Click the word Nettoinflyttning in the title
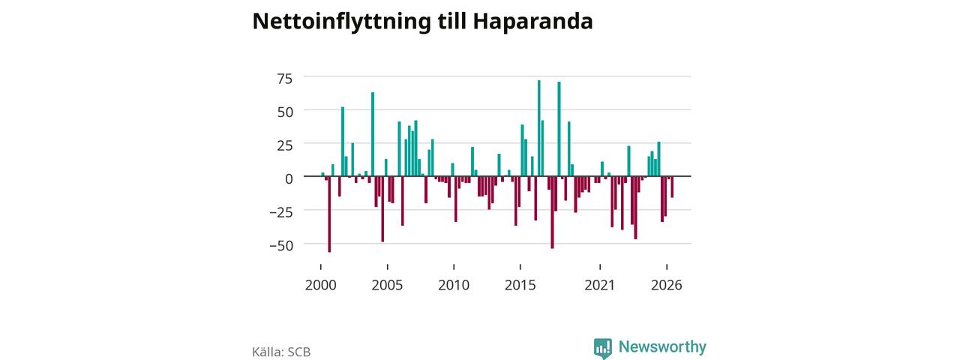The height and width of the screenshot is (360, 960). coord(341,22)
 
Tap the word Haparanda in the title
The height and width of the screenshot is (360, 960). coord(532,22)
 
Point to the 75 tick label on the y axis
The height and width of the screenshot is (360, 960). coord(284,79)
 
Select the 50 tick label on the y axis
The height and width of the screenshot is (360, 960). coord(284,112)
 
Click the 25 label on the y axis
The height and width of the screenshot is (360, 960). coord(284,145)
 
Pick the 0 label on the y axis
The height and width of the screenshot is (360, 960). coord(289,178)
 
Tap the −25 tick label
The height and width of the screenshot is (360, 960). coord(281,212)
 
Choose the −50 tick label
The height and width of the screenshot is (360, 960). coord(281,245)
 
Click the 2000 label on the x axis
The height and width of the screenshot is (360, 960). coord(320,285)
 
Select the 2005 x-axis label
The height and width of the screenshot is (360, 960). coord(387,285)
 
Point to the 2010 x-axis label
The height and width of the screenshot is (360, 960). coord(454,285)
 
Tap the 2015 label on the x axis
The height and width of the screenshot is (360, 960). coord(520,285)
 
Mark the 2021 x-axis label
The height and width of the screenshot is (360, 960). coord(599,285)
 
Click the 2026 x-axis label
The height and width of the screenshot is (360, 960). coord(667,285)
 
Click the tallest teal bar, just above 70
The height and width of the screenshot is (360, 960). coord(538,128)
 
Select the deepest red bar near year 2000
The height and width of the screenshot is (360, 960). coord(329,214)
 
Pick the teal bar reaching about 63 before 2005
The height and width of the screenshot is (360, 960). coord(373,134)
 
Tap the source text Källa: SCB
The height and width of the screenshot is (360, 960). coord(281,352)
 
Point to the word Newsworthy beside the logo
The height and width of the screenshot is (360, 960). coord(662,346)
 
